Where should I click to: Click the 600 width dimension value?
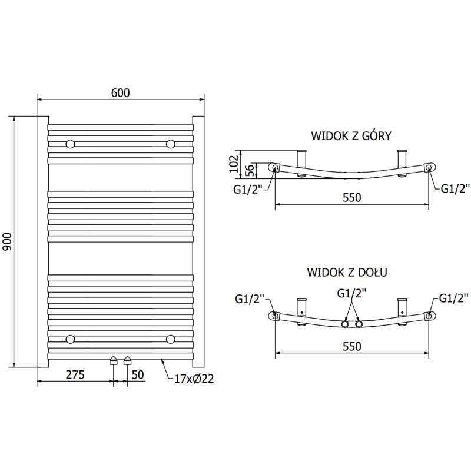(x=120, y=92)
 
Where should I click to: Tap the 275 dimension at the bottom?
(x=75, y=374)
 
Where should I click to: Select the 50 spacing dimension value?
(x=138, y=374)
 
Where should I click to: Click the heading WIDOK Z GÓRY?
(x=351, y=136)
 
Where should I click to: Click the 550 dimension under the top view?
(x=351, y=198)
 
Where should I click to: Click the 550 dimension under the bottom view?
(x=351, y=347)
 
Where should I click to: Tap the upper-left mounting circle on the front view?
(x=71, y=144)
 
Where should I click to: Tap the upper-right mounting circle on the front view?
(x=171, y=144)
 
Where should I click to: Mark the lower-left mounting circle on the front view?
(x=71, y=339)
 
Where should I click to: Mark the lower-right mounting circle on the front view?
(x=171, y=339)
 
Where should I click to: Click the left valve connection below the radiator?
(x=114, y=361)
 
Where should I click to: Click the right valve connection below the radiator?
(x=127, y=361)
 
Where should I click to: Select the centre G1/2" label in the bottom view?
(x=351, y=293)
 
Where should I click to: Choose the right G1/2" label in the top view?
(x=455, y=188)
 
